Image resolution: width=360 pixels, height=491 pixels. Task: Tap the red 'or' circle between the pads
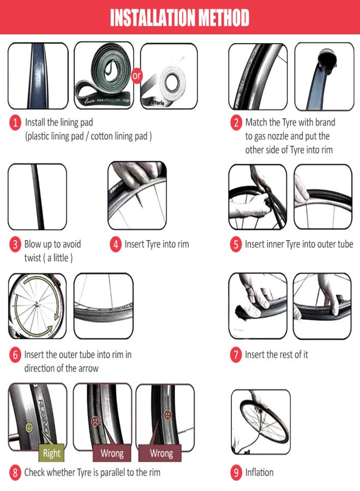tap(136, 75)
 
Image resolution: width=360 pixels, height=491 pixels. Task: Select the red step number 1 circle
tap(15, 122)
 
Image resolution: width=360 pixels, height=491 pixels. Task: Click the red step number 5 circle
tap(236, 244)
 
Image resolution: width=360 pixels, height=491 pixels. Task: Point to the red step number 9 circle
tap(236, 472)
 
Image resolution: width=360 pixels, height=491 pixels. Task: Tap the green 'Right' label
tap(52, 453)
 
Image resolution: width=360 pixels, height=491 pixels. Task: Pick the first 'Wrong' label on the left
tap(112, 453)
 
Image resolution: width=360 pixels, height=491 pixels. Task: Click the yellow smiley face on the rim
tap(29, 427)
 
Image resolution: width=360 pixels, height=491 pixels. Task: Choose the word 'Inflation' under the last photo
tap(259, 472)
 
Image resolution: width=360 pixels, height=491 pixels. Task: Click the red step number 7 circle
tap(236, 355)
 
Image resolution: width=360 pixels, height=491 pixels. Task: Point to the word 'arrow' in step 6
tap(88, 369)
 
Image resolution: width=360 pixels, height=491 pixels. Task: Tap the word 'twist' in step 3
tap(33, 258)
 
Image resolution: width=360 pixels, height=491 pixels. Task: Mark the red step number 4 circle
tap(115, 244)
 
